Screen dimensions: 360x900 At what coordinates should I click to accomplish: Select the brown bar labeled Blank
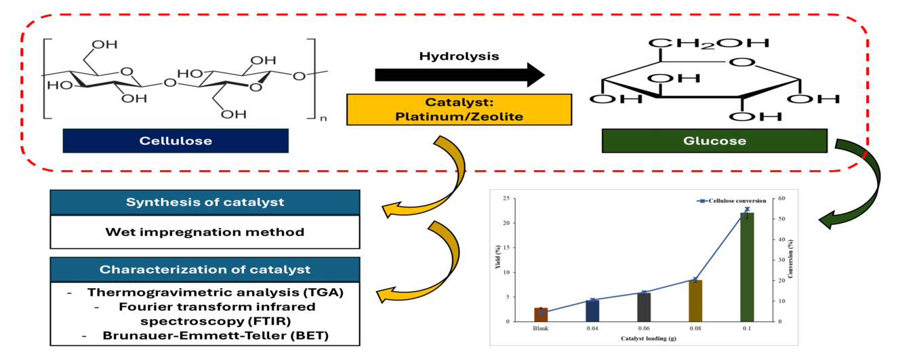point(541,315)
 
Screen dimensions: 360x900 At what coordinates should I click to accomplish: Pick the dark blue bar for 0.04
point(592,311)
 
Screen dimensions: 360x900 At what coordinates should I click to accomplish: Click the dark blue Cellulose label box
point(175,141)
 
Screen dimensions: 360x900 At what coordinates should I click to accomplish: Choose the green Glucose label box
point(714,141)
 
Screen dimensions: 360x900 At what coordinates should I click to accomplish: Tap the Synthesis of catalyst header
point(205,203)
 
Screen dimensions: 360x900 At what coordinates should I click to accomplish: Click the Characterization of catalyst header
point(205,269)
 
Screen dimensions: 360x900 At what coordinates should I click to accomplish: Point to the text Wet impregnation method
point(205,232)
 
